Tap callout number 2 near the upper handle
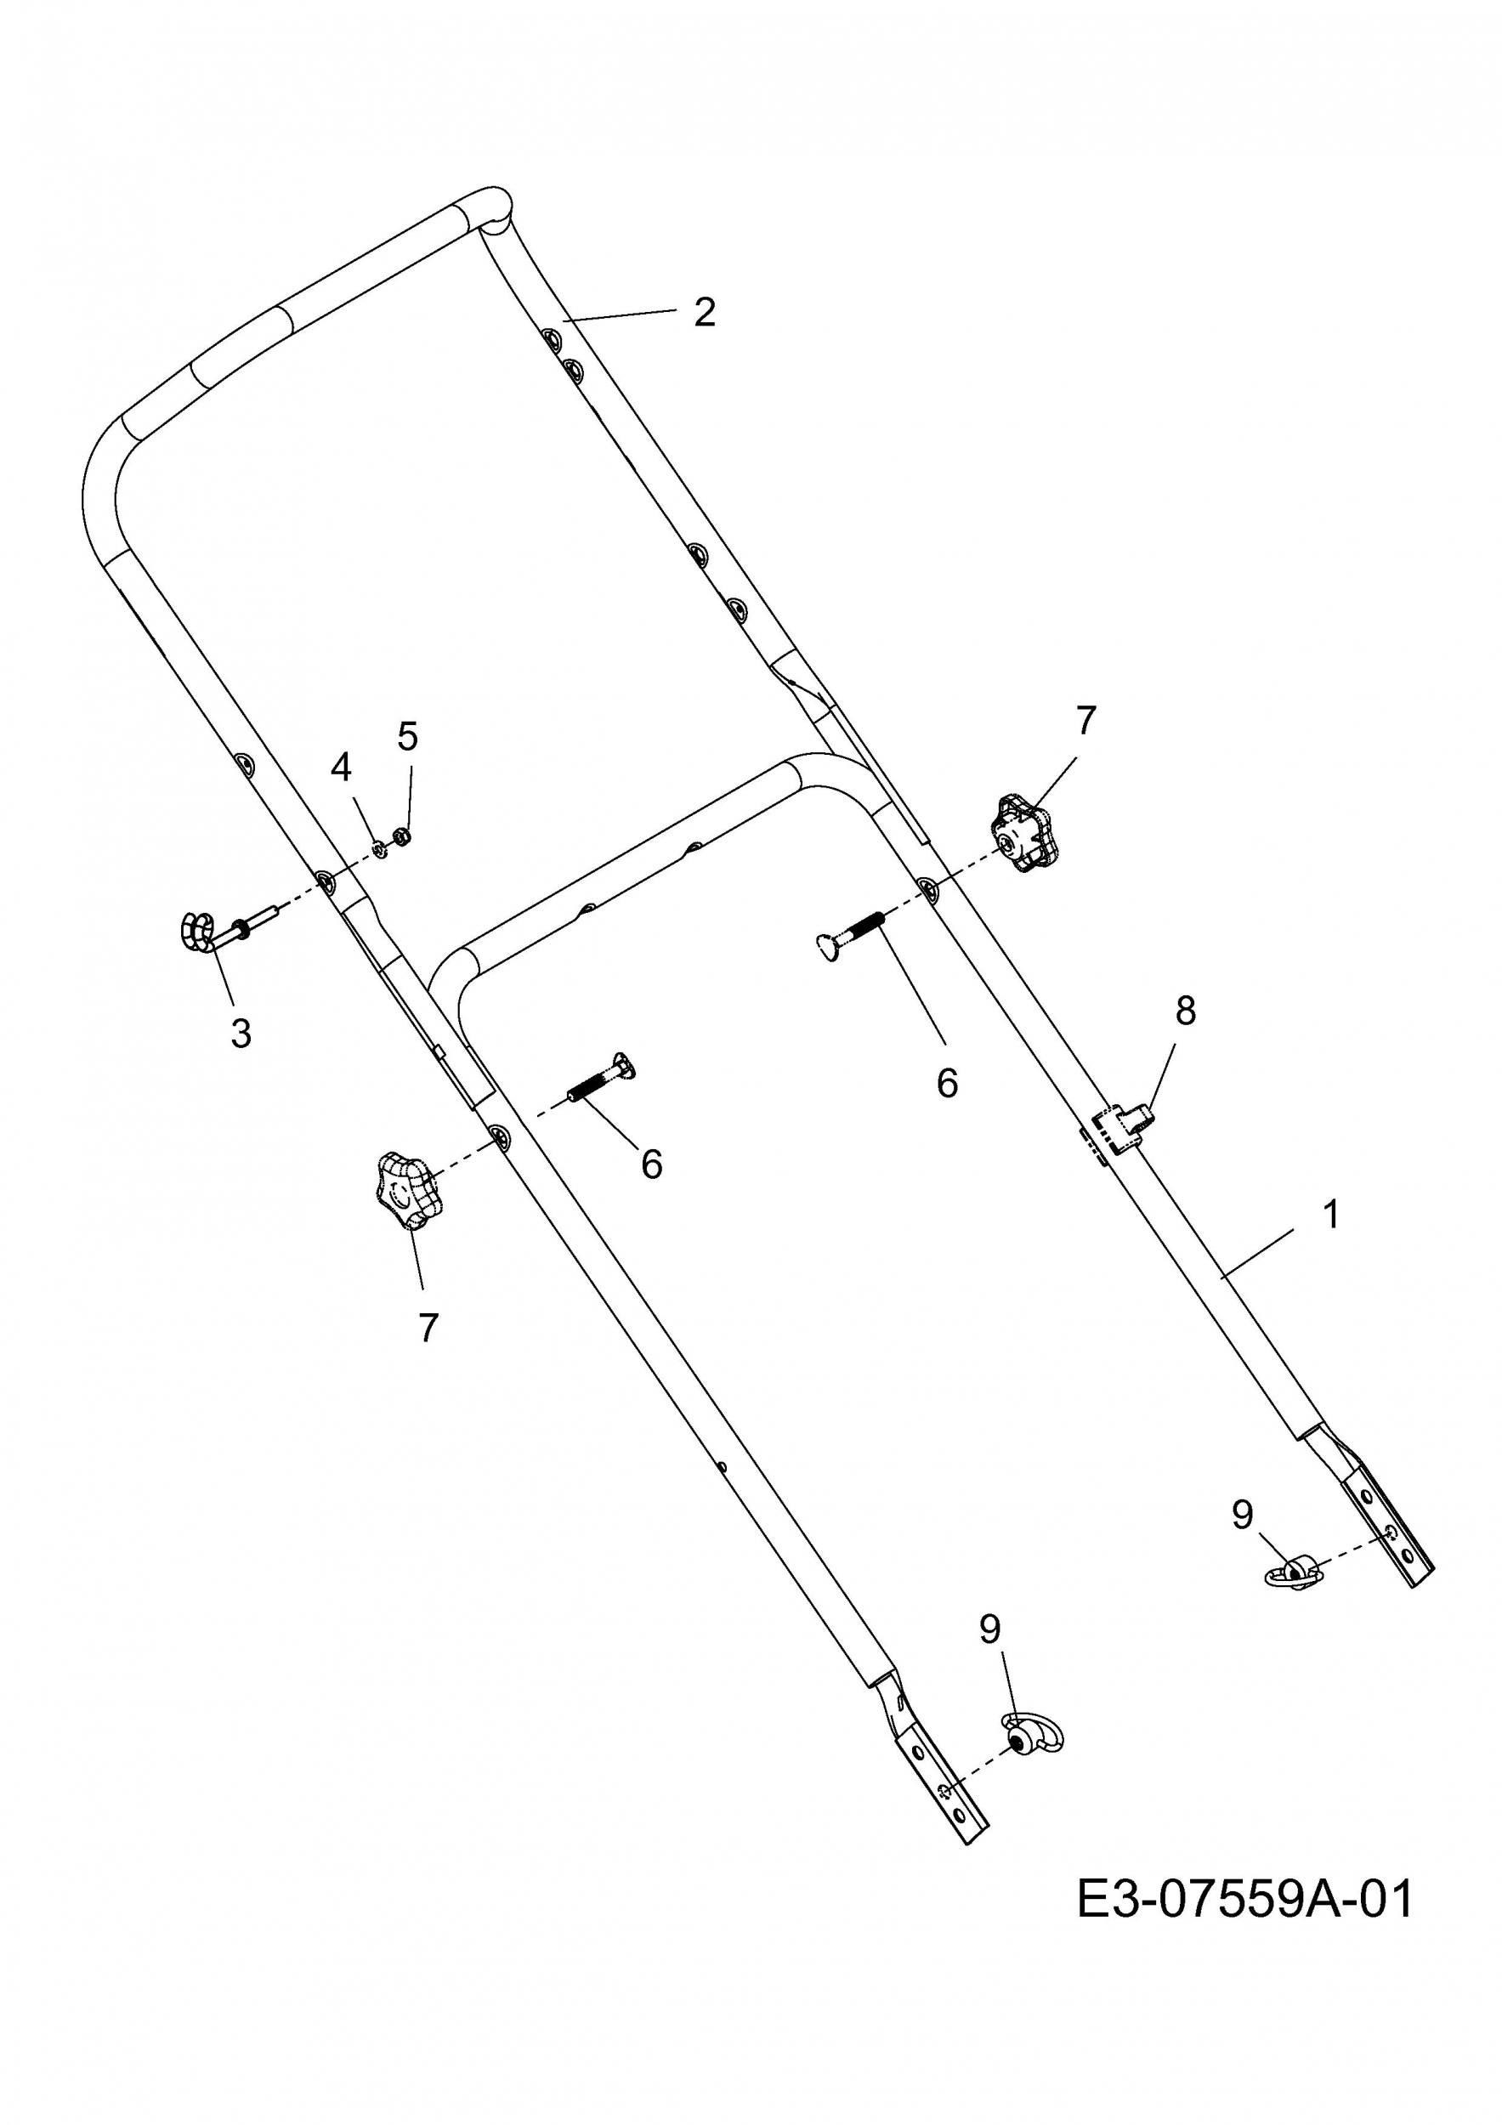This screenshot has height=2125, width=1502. (x=706, y=312)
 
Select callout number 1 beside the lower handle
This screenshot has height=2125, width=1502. (x=1331, y=1215)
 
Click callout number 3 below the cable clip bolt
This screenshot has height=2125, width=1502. (x=241, y=1033)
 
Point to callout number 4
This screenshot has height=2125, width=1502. (x=342, y=767)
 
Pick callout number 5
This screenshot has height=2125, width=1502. (x=407, y=737)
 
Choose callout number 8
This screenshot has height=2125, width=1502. (x=1186, y=1011)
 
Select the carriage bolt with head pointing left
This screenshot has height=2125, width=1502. (x=852, y=936)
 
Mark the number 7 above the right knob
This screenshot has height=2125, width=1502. (x=1085, y=719)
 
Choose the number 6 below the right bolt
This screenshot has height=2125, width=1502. (x=947, y=1084)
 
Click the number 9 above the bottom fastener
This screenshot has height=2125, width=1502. (x=989, y=1654)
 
